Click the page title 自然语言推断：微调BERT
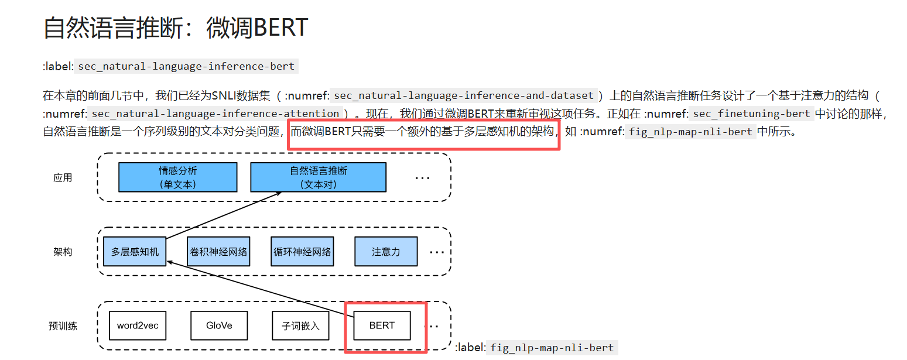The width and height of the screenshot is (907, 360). [x=176, y=28]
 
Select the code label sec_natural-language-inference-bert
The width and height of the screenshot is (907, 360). [x=186, y=66]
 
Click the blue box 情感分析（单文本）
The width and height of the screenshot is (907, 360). [x=178, y=177]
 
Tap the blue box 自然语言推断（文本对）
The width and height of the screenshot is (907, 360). [x=319, y=177]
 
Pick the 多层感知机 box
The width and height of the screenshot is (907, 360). [x=135, y=252]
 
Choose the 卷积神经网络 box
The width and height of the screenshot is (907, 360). [x=218, y=252]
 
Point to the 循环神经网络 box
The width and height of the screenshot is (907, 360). [x=303, y=252]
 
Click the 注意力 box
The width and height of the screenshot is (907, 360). [x=386, y=252]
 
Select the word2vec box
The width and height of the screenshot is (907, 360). [x=138, y=325]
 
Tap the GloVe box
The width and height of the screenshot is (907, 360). [x=219, y=325]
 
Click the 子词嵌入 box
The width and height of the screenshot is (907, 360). [x=300, y=325]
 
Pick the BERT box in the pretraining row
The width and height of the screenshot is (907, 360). [x=382, y=325]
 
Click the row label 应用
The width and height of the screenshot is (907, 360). [x=63, y=178]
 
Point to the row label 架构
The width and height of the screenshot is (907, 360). [x=63, y=252]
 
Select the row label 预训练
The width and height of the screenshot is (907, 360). [x=63, y=326]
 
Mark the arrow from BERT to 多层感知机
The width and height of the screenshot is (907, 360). [x=261, y=289]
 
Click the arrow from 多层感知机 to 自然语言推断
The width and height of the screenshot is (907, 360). [x=224, y=215]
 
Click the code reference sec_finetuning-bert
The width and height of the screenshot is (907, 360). [x=751, y=114]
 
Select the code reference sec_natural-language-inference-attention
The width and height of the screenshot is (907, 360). [x=215, y=114]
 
